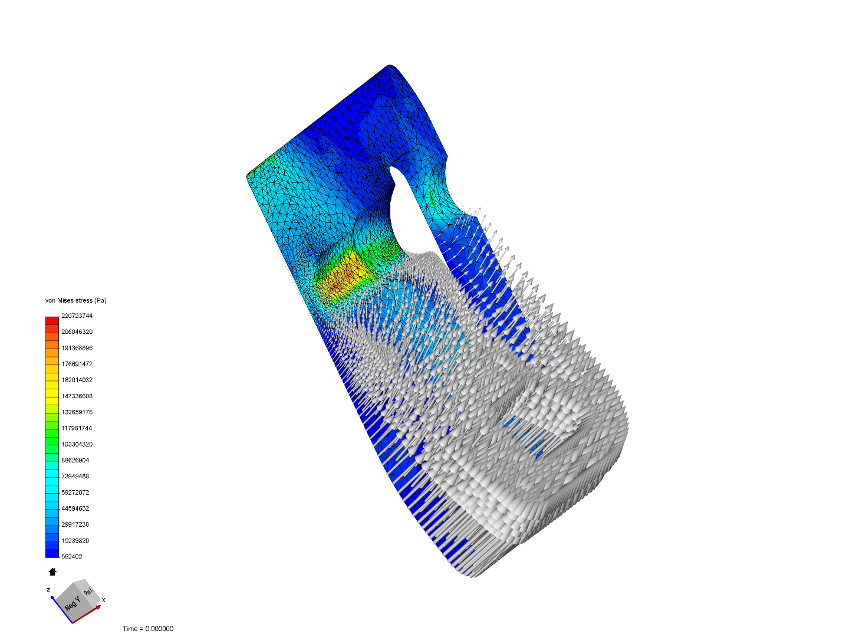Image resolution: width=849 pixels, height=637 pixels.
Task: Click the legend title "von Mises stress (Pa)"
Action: point(75,300)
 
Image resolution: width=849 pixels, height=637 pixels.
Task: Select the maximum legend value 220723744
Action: point(77,316)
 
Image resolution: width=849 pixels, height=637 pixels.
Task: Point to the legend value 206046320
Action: point(77,331)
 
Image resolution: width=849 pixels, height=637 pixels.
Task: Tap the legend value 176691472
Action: point(77,364)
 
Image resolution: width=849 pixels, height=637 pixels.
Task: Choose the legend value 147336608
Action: point(77,396)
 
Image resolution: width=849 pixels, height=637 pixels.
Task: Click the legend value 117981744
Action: point(77,428)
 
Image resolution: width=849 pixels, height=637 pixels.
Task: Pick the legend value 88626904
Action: point(75,460)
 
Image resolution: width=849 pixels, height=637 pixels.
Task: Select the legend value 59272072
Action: point(75,492)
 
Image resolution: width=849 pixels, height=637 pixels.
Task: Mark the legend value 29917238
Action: point(75,524)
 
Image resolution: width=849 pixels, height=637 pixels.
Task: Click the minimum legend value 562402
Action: point(71,556)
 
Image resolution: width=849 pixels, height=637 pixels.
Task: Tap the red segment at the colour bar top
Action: point(52,320)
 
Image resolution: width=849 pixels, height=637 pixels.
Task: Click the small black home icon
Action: point(52,572)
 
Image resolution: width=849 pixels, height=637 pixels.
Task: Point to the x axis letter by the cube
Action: point(104,600)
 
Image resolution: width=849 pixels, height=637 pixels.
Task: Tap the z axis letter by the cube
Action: point(48,589)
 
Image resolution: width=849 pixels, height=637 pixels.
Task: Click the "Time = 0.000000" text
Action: point(148,629)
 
